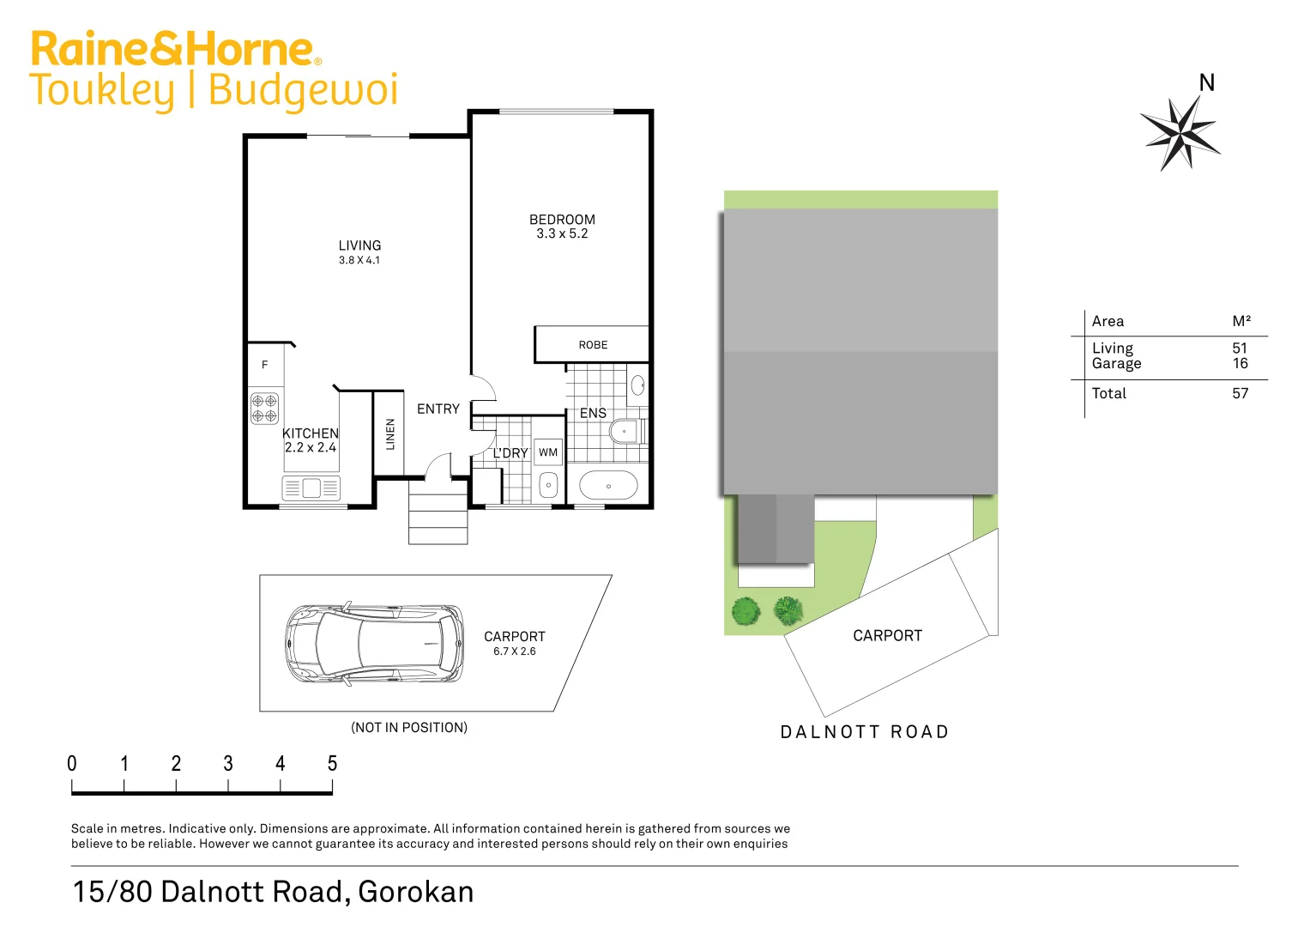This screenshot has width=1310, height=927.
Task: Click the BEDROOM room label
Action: tap(562, 220)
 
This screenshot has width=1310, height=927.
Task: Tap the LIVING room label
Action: tap(359, 245)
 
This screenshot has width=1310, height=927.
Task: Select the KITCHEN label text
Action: tap(310, 433)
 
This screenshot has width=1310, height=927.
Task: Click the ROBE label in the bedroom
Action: tap(593, 345)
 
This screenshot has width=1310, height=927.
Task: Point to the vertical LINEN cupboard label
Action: tap(390, 434)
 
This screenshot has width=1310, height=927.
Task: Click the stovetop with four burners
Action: tap(264, 408)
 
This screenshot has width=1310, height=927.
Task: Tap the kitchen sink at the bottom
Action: tap(311, 488)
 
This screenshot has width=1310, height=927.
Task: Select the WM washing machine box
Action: tap(548, 452)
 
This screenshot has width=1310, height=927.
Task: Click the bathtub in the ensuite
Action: tap(608, 486)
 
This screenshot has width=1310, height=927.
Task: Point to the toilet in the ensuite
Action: tap(627, 431)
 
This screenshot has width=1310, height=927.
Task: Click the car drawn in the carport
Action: tap(374, 643)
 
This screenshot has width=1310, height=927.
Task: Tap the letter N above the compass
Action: tap(1207, 83)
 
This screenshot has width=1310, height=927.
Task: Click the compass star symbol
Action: tap(1181, 133)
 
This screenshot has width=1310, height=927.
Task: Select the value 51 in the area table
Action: tap(1240, 348)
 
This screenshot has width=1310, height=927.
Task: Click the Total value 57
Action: tap(1240, 394)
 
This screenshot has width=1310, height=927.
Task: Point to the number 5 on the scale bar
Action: tap(332, 763)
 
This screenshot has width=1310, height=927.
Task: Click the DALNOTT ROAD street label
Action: tap(864, 732)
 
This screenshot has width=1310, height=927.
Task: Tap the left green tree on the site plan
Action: tap(746, 611)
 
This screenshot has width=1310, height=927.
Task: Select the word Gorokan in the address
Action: tap(415, 892)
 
